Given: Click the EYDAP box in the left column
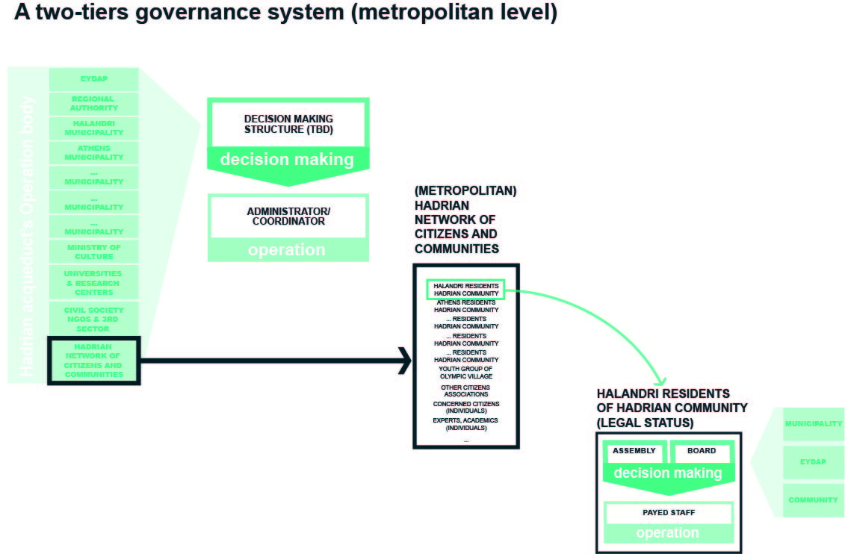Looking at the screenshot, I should coord(93,79).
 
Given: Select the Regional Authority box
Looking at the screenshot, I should coord(93,104).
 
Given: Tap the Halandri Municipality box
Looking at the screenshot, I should coord(93,128).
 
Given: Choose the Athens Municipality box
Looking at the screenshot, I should coord(93,153).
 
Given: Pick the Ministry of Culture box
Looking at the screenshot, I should coord(93,252).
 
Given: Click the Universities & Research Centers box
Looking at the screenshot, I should coord(93,283).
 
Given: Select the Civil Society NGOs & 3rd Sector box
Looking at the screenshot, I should coord(93,319).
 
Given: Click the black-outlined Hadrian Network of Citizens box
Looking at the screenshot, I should coord(93,361).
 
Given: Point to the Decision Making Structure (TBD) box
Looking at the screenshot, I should coord(288,124).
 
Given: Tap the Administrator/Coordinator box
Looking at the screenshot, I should coord(288,217).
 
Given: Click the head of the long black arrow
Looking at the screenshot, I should coord(404,361).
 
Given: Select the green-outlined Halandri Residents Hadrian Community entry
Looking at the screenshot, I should coord(465,290).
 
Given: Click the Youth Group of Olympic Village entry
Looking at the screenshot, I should coord(465,373).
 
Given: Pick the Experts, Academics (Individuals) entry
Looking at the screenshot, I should coord(465,424).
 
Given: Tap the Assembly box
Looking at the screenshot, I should coord(634,452).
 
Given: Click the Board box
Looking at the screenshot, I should coord(701,452).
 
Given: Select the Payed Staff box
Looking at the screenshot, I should coord(668,514).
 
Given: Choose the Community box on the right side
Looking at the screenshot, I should coord(813,500).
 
